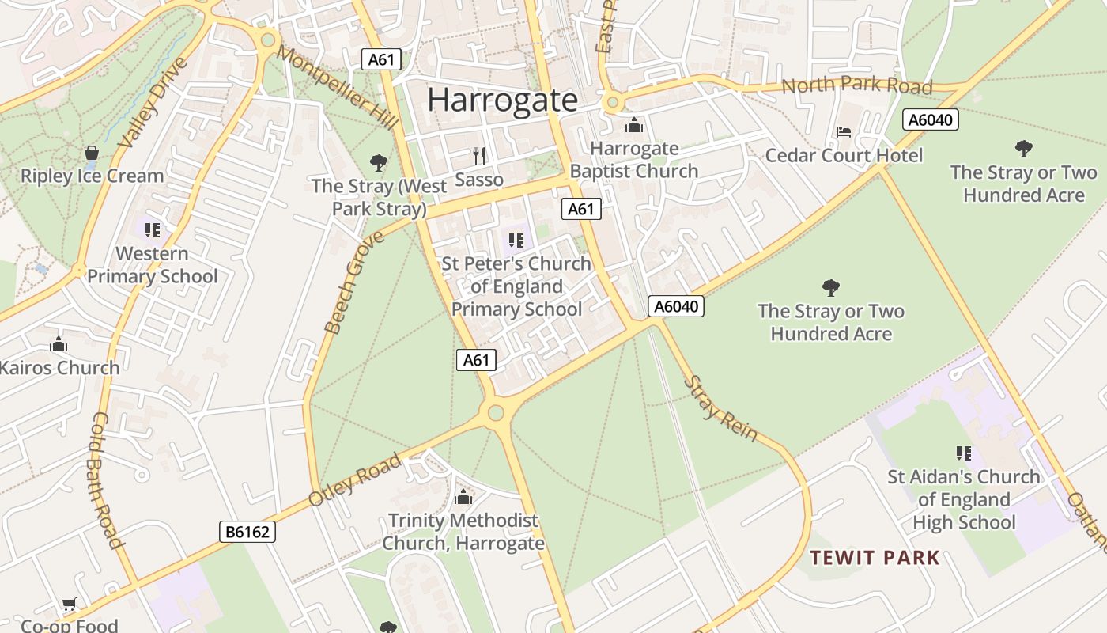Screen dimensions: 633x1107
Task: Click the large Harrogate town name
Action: [x=503, y=100]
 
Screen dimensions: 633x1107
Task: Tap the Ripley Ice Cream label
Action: [x=92, y=176]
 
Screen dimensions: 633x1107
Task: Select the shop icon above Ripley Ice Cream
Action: [x=92, y=153]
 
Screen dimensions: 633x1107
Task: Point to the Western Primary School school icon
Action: [x=153, y=230]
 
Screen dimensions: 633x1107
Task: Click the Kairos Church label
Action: [x=60, y=367]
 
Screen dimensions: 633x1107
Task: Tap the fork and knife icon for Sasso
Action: [x=478, y=156]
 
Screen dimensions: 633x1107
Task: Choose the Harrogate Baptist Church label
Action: [x=634, y=160]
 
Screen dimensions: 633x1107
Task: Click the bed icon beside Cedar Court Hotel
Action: [x=844, y=132]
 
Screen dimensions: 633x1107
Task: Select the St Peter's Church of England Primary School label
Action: [x=516, y=286]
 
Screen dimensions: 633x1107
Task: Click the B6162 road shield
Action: [x=247, y=532]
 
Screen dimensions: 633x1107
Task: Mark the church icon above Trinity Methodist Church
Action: [x=463, y=498]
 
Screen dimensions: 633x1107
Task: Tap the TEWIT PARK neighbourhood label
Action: [x=875, y=558]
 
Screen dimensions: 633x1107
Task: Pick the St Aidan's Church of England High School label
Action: [x=964, y=499]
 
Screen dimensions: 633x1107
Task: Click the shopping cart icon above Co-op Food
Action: [x=70, y=605]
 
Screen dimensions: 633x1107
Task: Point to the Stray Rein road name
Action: [x=720, y=408]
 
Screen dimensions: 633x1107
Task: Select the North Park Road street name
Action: [x=857, y=85]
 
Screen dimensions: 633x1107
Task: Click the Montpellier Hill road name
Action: [x=338, y=86]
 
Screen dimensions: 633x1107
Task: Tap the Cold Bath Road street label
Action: [x=108, y=479]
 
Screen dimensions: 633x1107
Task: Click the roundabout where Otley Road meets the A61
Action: [x=496, y=412]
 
